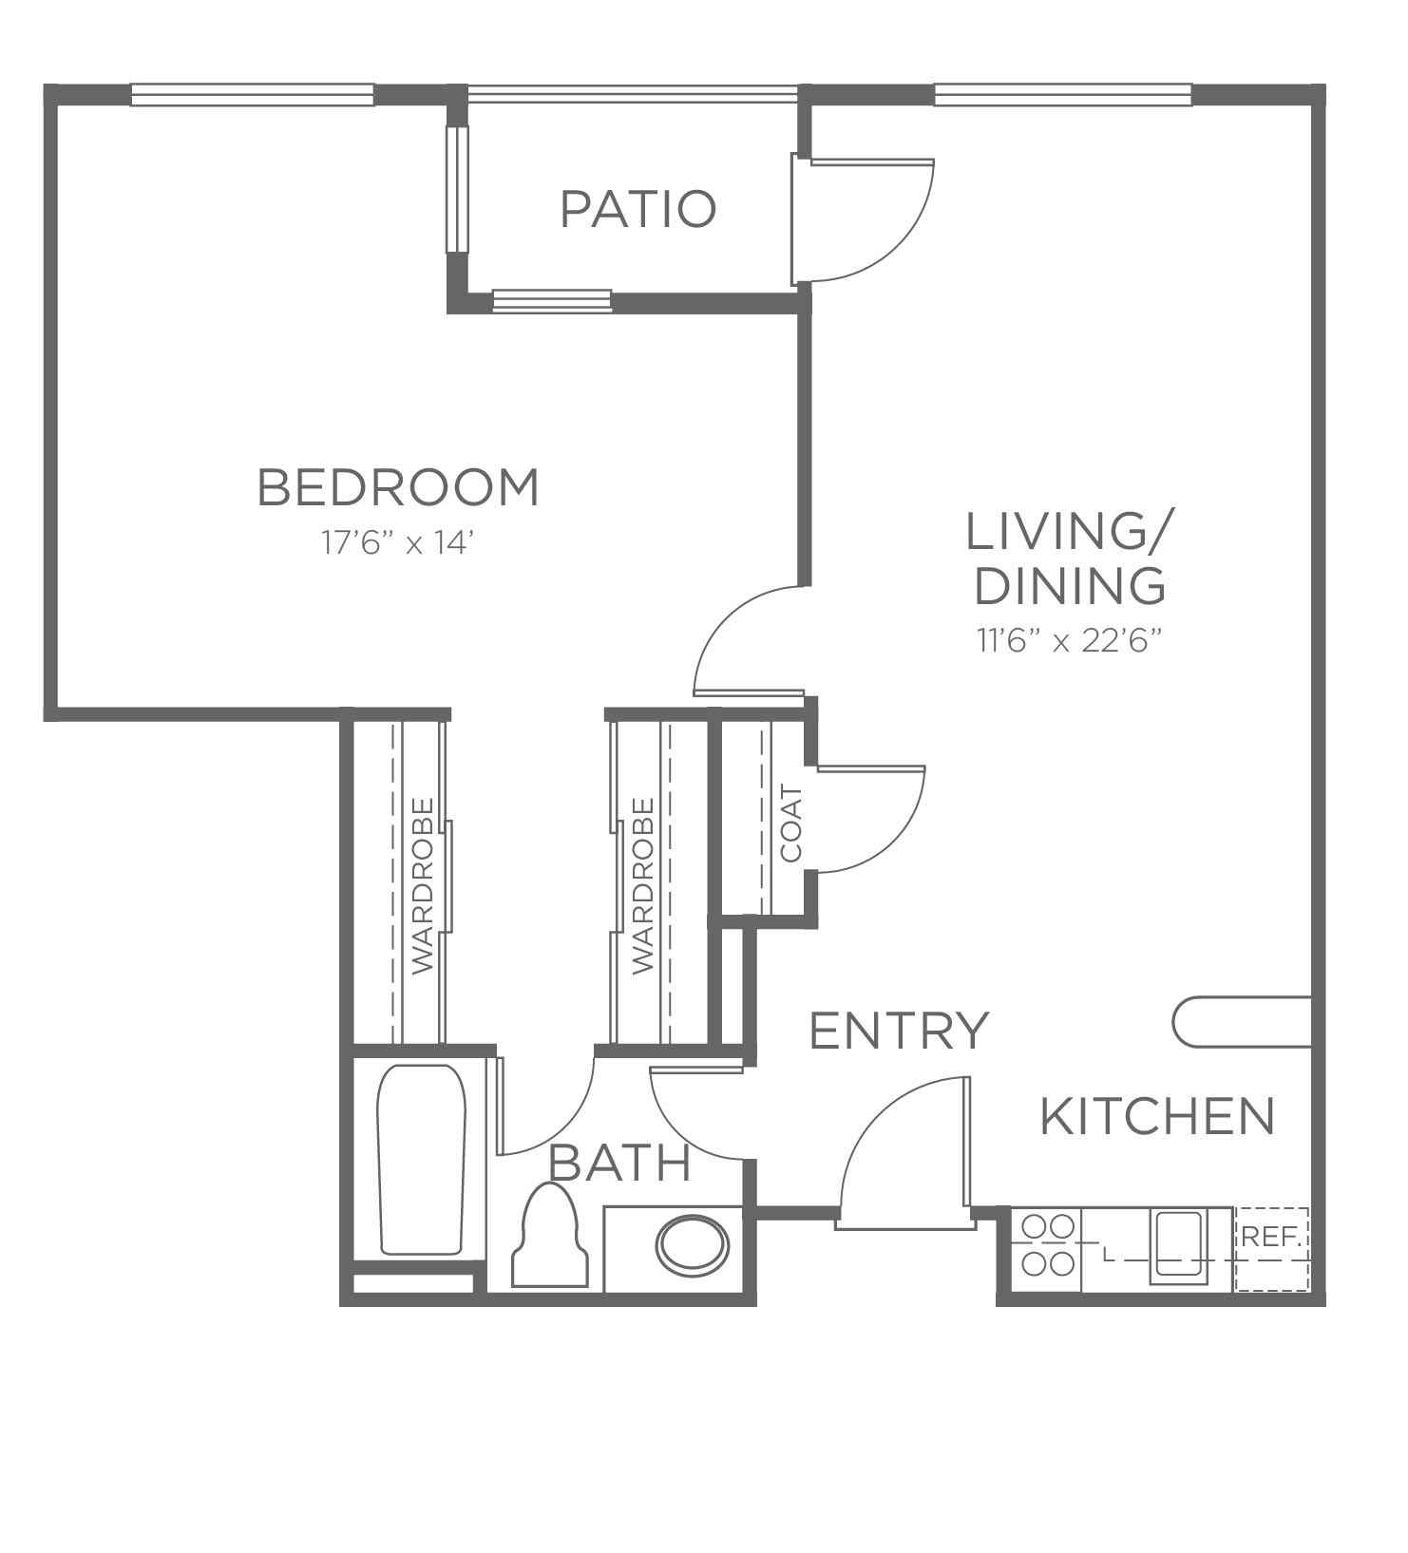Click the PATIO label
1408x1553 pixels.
click(x=637, y=209)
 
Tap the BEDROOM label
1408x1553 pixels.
click(x=398, y=487)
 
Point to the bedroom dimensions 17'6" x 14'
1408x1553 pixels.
click(x=397, y=543)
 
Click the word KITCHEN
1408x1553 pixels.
click(x=1157, y=1116)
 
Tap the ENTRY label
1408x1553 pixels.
click(x=899, y=1030)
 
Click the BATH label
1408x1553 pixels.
click(x=619, y=1163)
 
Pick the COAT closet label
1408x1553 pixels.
click(x=791, y=824)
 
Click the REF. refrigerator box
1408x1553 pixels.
click(x=1271, y=1249)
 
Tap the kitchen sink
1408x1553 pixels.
click(x=1178, y=1247)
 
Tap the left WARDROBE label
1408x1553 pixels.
click(x=423, y=884)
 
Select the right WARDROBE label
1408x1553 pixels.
click(x=643, y=884)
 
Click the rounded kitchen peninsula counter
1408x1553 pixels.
click(x=1244, y=1022)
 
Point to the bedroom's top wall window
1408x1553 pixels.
click(x=252, y=94)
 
